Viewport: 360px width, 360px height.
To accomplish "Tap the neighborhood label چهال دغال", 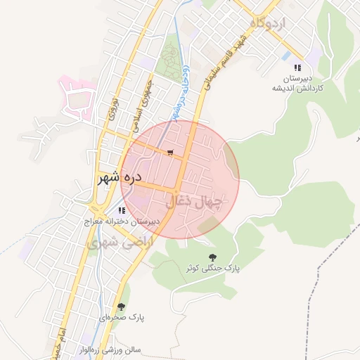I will click(x=196, y=202).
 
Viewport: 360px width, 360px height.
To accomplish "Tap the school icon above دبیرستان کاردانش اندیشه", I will click(x=298, y=68).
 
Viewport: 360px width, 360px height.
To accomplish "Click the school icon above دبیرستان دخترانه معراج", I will click(x=122, y=210).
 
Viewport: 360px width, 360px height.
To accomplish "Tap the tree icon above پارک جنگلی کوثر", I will click(x=212, y=256).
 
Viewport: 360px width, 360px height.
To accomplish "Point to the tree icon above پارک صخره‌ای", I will click(x=122, y=307).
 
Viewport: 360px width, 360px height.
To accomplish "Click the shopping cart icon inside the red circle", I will click(x=170, y=152).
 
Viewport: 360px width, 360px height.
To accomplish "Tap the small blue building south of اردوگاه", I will click(x=285, y=55).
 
